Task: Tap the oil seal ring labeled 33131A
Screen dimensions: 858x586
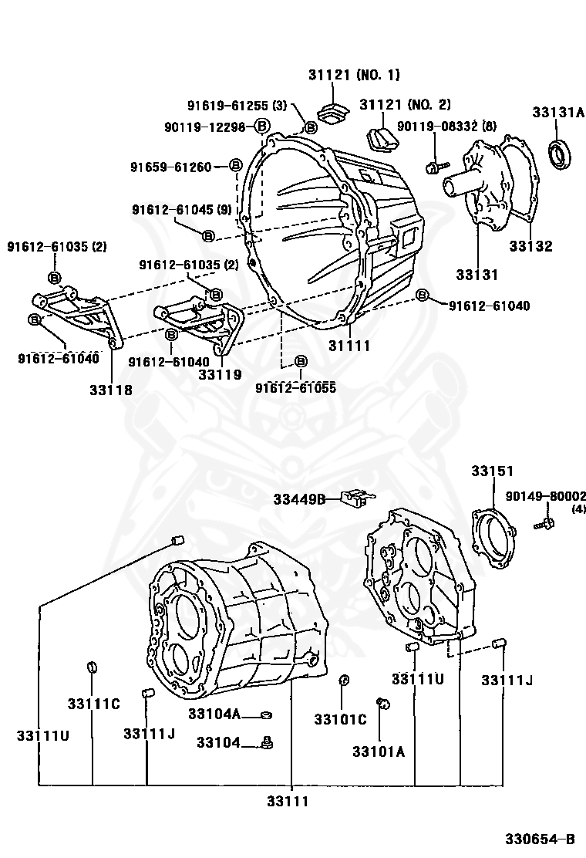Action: [x=561, y=153]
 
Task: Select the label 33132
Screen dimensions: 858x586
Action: [x=530, y=247]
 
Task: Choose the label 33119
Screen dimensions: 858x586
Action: [x=220, y=374]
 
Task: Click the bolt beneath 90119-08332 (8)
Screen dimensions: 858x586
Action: [x=435, y=164]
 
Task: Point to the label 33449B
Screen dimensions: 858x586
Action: [x=298, y=499]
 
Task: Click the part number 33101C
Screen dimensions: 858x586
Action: [x=340, y=719]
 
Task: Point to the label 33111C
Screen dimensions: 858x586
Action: [x=93, y=704]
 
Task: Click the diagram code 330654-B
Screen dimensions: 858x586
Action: [x=540, y=839]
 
